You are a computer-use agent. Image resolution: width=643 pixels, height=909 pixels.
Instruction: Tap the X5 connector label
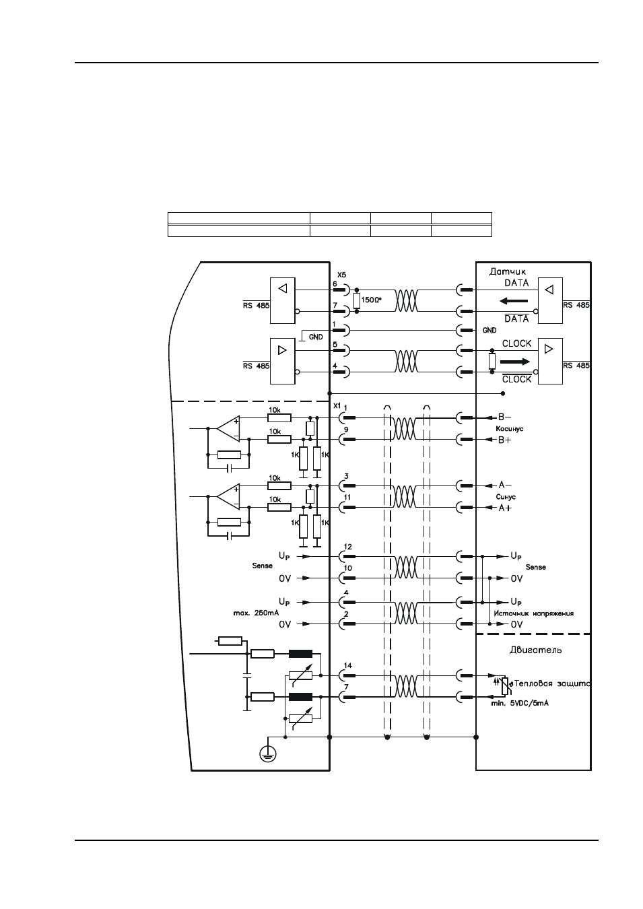coord(341,275)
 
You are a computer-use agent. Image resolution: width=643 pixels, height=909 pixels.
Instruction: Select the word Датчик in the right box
coord(508,271)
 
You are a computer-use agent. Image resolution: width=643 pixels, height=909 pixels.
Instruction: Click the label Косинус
coord(510,428)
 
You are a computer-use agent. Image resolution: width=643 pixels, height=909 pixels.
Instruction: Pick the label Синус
coord(506,497)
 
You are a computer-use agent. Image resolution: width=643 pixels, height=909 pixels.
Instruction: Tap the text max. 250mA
coord(256,613)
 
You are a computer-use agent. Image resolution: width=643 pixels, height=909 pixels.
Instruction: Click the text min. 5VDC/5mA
coord(520,703)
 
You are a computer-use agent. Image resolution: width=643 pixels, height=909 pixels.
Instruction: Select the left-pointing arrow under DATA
coord(514,301)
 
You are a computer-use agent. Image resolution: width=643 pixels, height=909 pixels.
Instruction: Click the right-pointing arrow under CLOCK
coord(515,361)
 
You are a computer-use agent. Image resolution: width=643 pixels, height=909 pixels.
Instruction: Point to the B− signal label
coord(505,417)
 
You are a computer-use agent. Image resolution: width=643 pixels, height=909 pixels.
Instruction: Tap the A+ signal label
coord(505,508)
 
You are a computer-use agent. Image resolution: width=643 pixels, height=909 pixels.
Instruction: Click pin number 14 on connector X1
coord(347,665)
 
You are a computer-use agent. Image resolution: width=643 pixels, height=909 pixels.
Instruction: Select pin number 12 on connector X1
coord(347,547)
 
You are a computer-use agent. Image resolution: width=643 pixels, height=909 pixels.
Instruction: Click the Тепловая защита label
coord(553,684)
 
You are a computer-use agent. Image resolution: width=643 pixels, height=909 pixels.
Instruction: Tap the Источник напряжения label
coord(533,613)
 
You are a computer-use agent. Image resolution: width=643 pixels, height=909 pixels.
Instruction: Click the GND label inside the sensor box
coord(489,331)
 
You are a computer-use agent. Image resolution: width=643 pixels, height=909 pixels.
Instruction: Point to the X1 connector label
coord(337,405)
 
